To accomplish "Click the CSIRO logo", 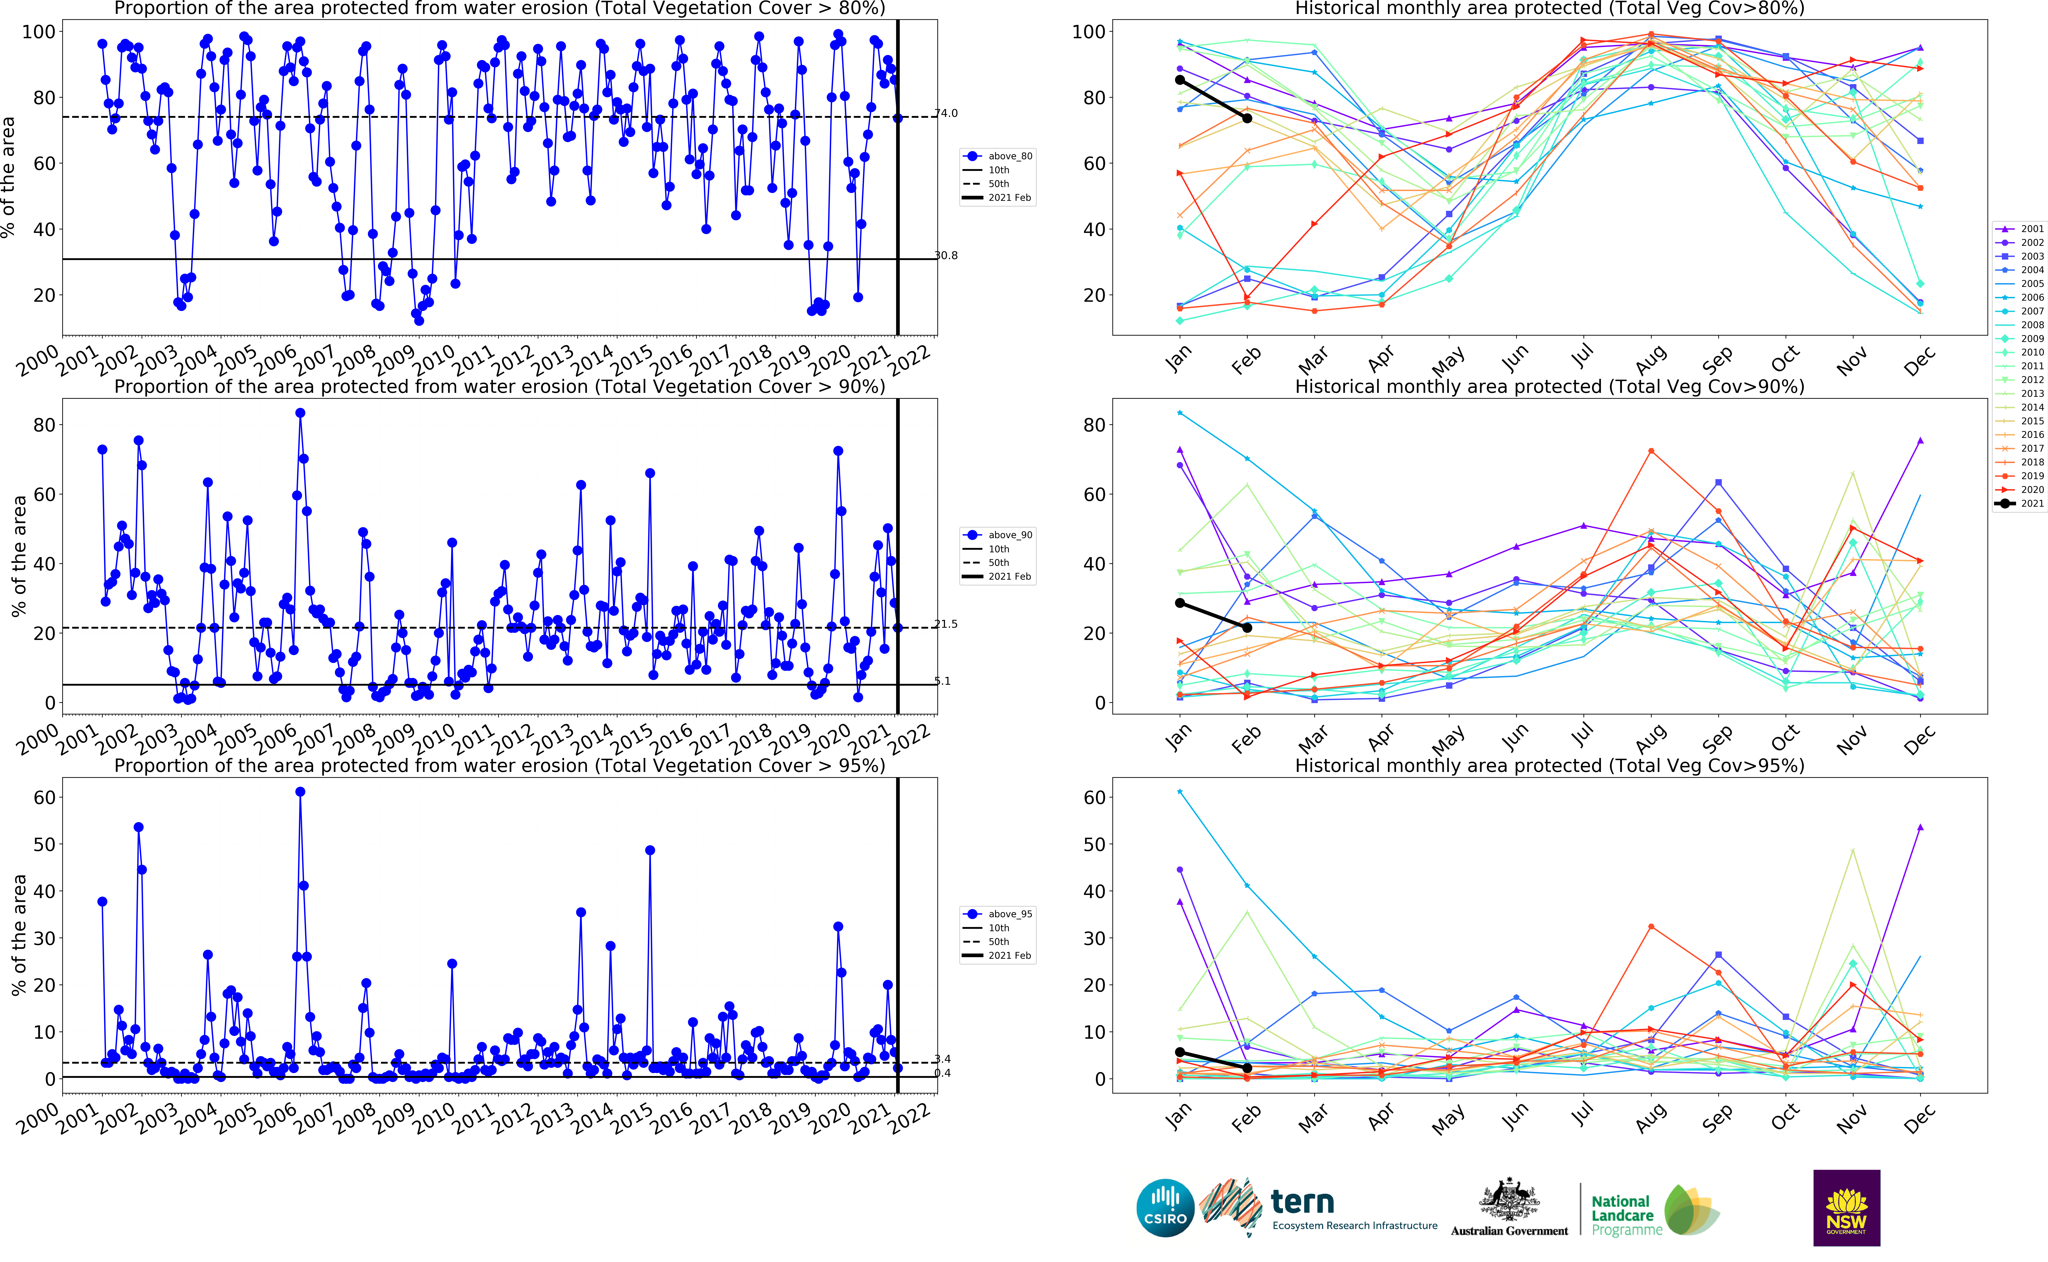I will (x=1165, y=1208).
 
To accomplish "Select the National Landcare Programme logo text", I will (x=1621, y=1215).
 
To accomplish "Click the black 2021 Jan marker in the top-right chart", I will (x=1179, y=80).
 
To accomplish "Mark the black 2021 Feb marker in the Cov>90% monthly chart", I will (x=1247, y=628).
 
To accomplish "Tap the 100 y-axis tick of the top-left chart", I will (x=38, y=32).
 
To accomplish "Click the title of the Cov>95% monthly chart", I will (x=1549, y=765).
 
